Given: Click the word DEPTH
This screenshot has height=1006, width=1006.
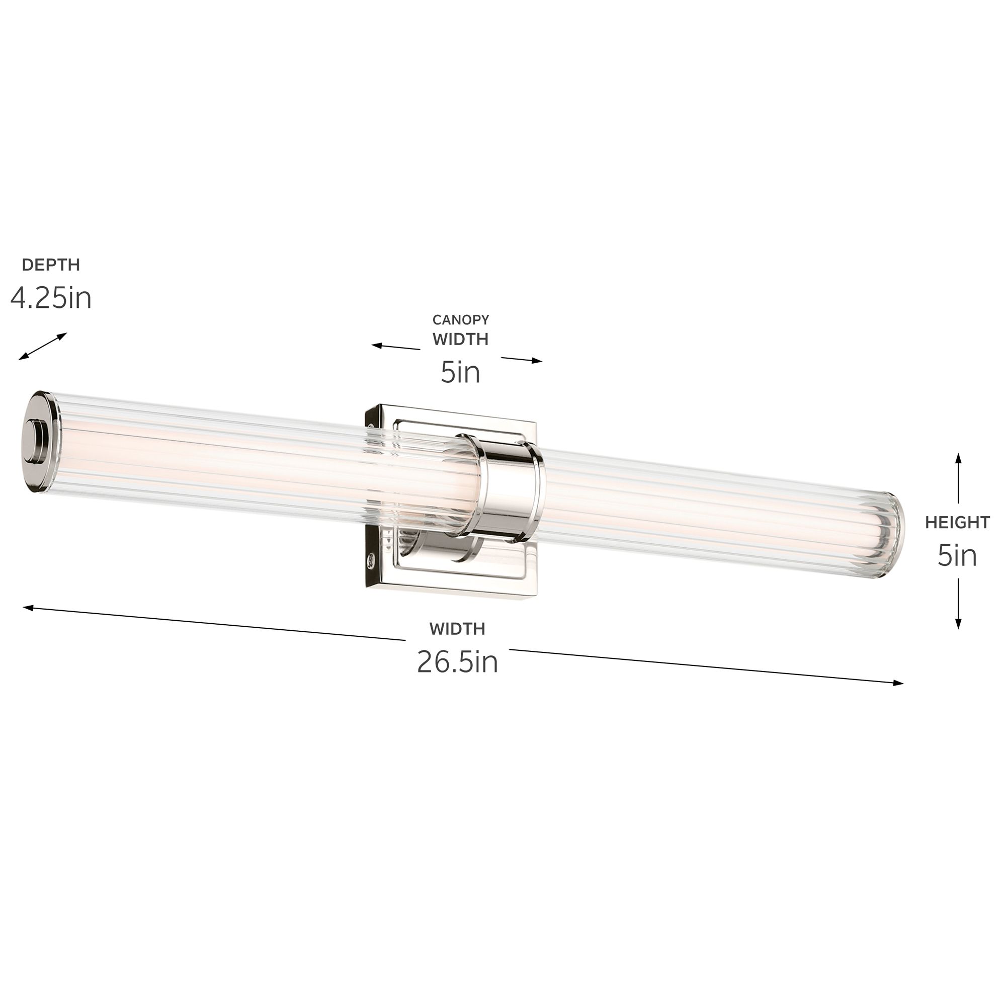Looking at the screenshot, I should pyautogui.click(x=50, y=265).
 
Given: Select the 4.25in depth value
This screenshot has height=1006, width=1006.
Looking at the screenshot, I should pyautogui.click(x=50, y=299).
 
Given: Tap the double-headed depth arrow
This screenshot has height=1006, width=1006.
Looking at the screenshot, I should pyautogui.click(x=43, y=346).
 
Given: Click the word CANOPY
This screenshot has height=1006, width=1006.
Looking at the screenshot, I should pyautogui.click(x=460, y=320).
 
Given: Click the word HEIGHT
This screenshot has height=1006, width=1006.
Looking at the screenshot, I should pyautogui.click(x=957, y=522).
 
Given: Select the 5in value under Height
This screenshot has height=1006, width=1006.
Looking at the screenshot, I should pyautogui.click(x=957, y=556).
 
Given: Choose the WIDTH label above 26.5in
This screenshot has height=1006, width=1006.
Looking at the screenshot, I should pyautogui.click(x=457, y=629).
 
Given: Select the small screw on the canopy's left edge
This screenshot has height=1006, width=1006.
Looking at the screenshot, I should pyautogui.click(x=371, y=560).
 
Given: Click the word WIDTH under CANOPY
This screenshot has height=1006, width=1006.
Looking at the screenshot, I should pyautogui.click(x=460, y=340).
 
